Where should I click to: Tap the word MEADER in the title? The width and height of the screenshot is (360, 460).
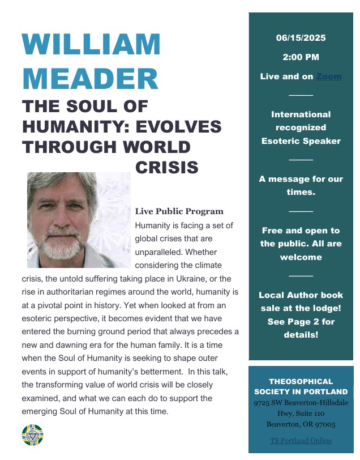click(x=91, y=79)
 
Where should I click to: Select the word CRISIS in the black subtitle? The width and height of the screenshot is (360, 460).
click(x=167, y=167)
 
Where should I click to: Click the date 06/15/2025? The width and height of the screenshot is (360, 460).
click(x=301, y=38)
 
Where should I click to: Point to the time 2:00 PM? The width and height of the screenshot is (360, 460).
click(x=301, y=57)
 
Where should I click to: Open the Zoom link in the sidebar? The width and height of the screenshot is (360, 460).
click(x=328, y=76)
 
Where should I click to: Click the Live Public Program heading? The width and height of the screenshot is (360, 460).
click(x=179, y=211)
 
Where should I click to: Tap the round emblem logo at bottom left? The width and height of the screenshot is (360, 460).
click(x=32, y=434)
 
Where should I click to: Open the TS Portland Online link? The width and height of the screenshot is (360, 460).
click(x=301, y=440)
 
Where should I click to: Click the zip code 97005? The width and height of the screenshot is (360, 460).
click(x=323, y=424)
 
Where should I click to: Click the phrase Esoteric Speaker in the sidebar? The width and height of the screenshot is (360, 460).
click(x=301, y=141)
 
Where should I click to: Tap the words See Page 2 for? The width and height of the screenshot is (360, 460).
click(x=301, y=321)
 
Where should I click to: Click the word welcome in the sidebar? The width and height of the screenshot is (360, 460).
click(x=301, y=257)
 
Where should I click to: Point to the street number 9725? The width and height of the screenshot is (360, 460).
click(x=264, y=403)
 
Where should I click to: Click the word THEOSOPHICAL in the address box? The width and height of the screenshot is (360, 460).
click(x=301, y=381)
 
